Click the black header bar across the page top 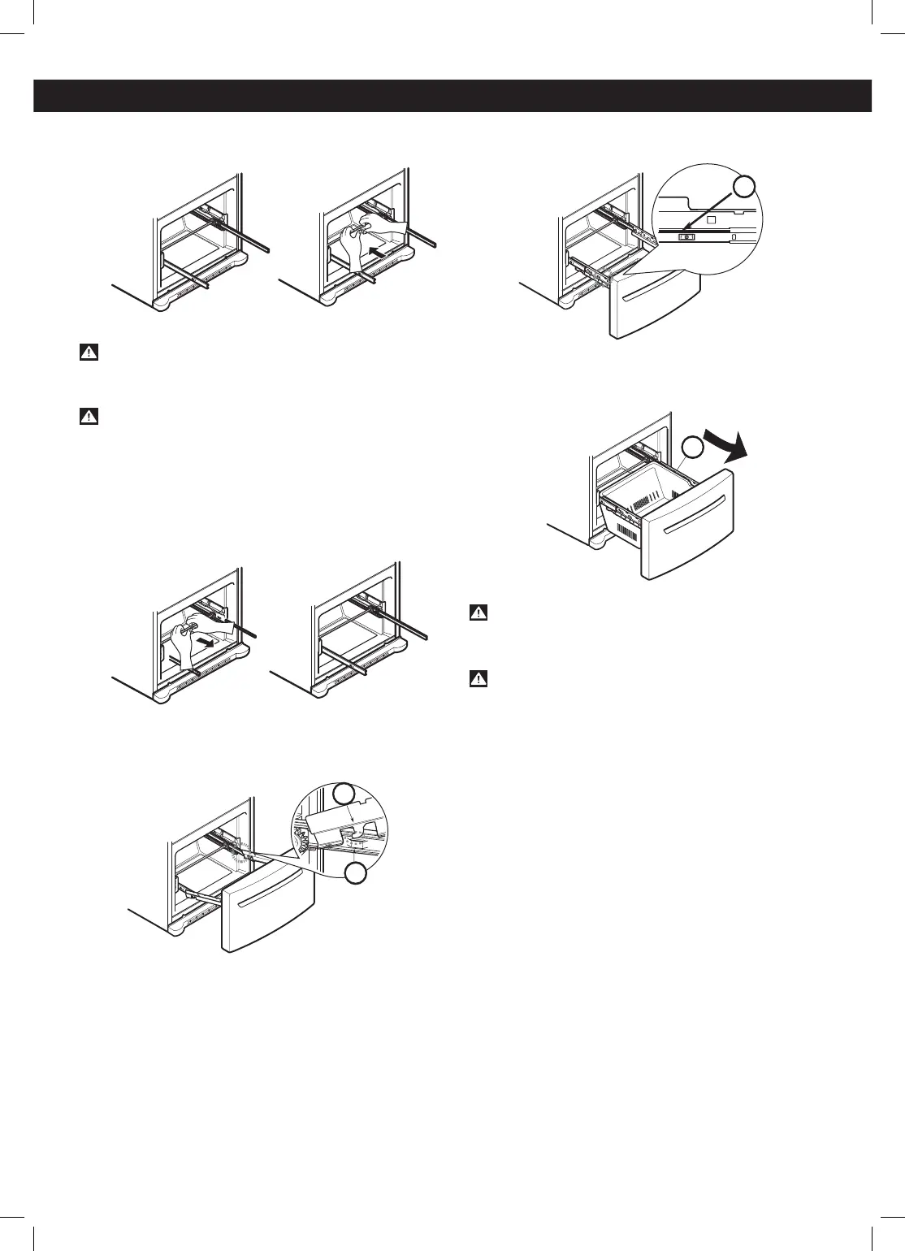(452, 95)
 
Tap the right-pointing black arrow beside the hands (214, 642)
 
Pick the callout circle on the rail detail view (745, 188)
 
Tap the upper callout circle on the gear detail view (344, 795)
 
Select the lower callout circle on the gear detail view (354, 874)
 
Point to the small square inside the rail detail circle (709, 219)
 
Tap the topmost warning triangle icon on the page (89, 353)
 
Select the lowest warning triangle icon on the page (478, 679)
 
